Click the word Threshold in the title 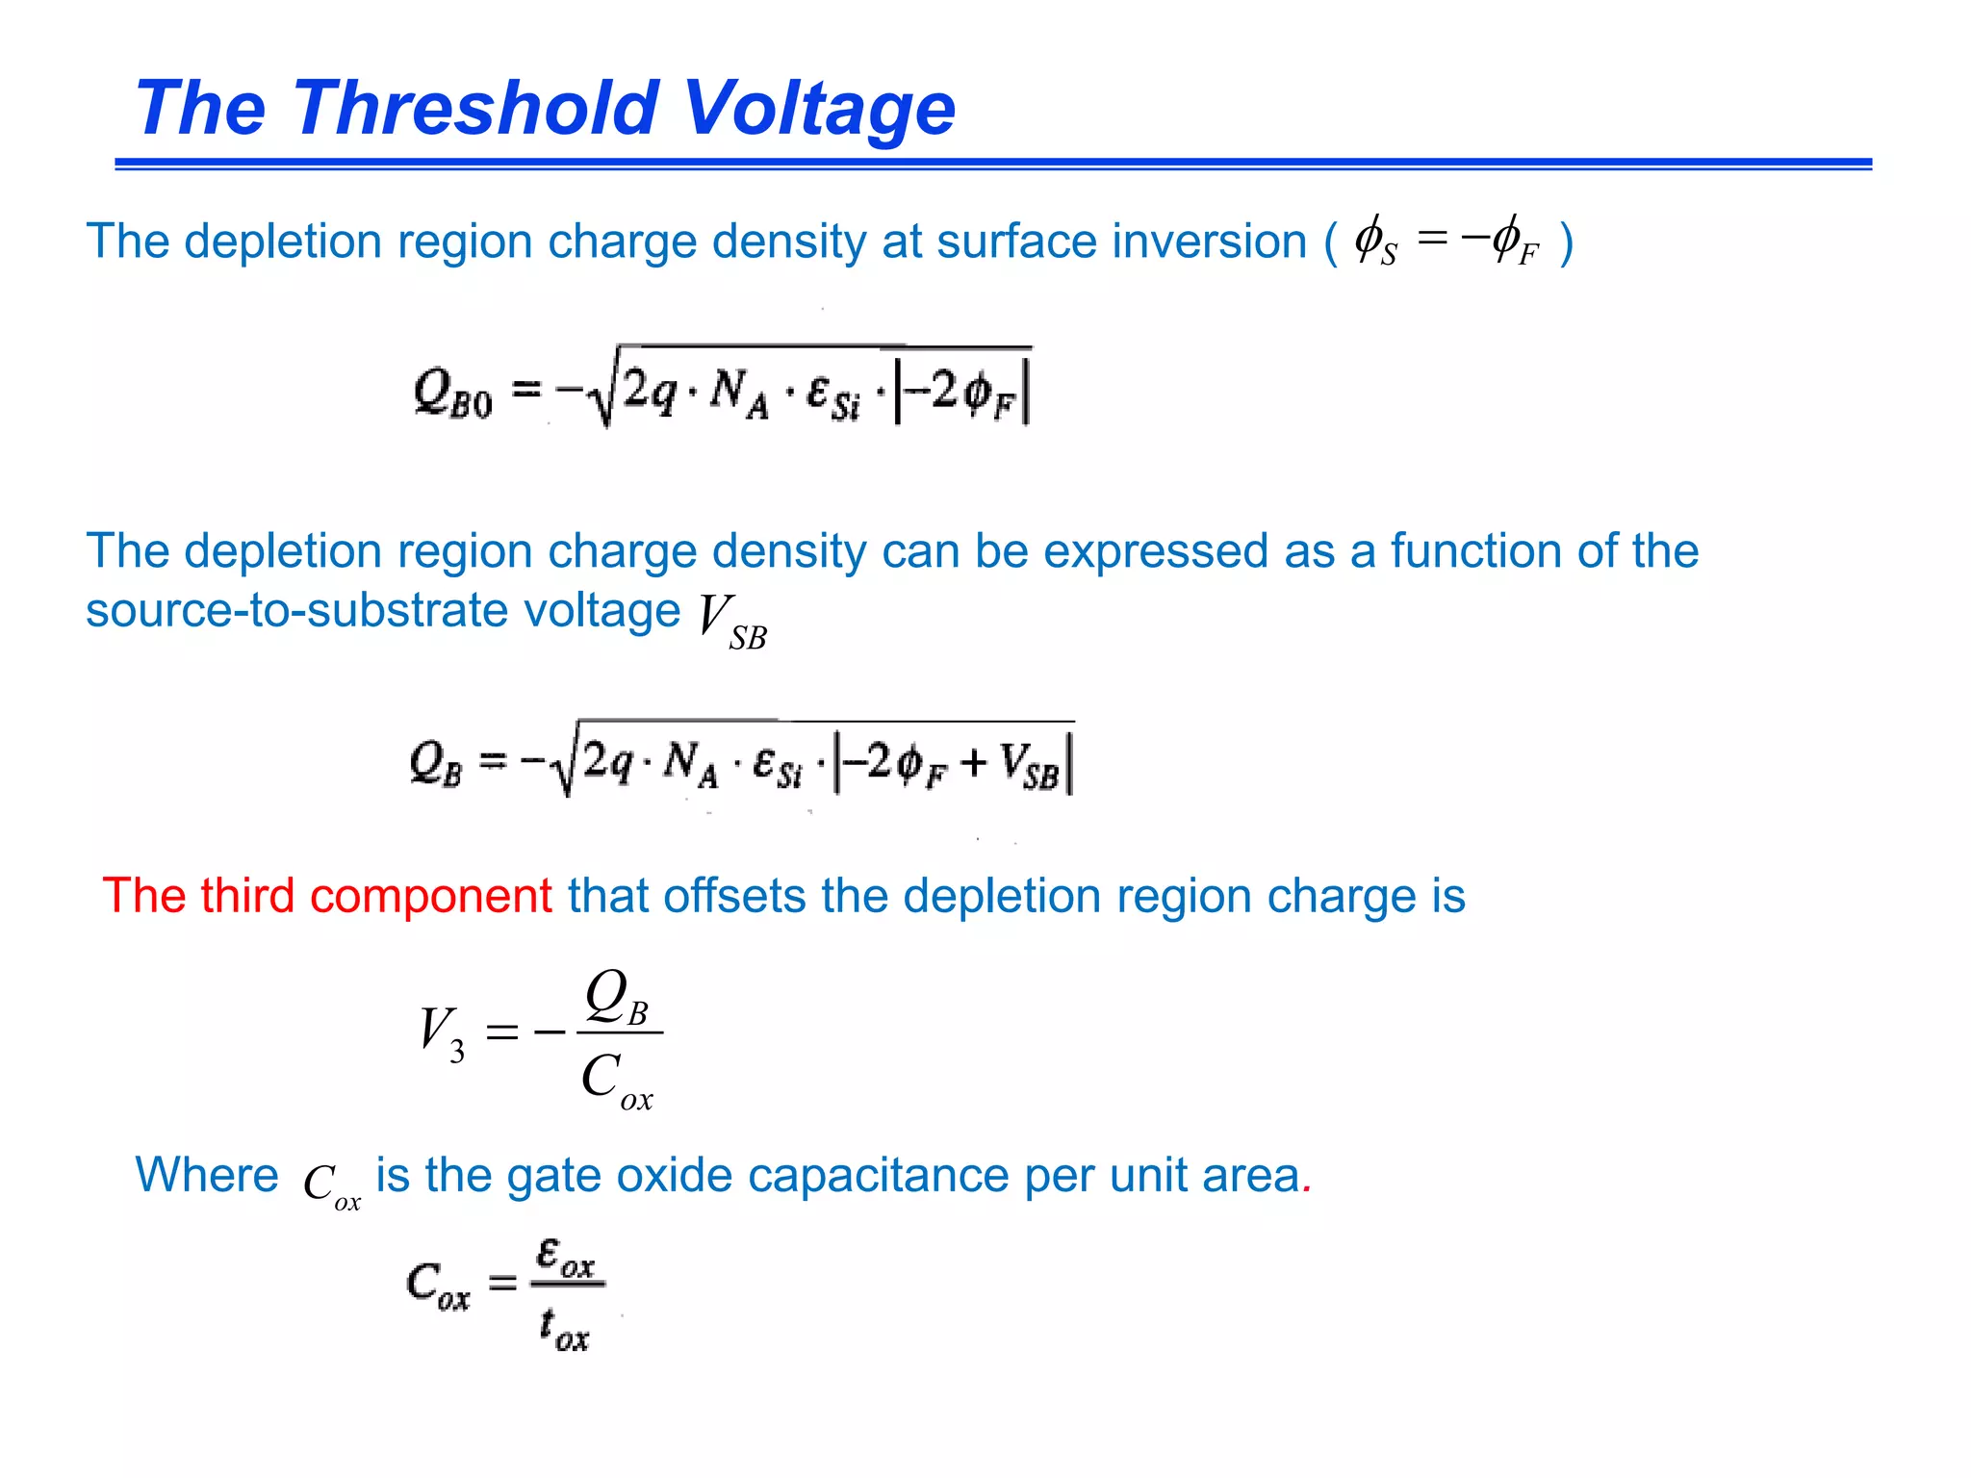[x=477, y=108]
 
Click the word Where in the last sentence [x=207, y=1175]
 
